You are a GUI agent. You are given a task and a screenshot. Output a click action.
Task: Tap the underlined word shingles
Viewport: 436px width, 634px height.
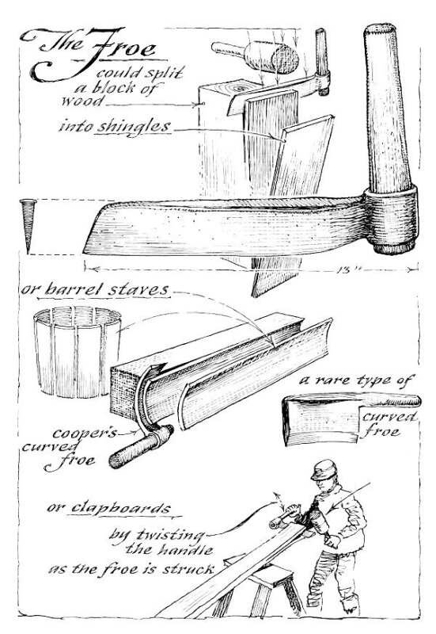click(x=134, y=127)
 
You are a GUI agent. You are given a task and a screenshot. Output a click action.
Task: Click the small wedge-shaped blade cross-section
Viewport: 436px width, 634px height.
click(x=28, y=226)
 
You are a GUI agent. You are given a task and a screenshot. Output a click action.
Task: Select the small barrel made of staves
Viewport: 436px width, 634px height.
click(x=77, y=351)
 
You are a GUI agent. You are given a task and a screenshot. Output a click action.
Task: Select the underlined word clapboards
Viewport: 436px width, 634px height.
click(x=121, y=509)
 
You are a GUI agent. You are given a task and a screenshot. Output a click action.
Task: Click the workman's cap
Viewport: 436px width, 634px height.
click(x=324, y=469)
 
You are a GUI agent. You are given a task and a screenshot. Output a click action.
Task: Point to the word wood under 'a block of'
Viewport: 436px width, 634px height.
click(x=82, y=101)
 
